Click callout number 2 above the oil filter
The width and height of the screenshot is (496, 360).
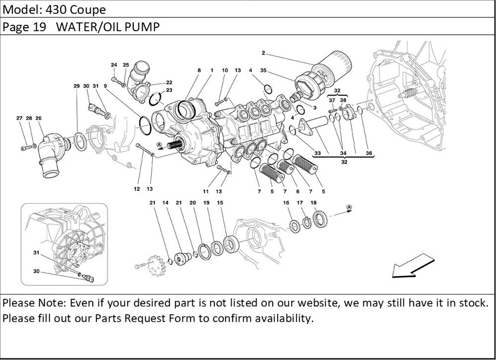263,53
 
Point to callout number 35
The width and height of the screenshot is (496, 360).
263,71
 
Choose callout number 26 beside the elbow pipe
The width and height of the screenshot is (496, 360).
38,118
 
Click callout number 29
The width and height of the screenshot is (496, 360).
77,86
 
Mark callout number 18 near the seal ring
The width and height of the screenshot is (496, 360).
313,202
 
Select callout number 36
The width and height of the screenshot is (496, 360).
368,153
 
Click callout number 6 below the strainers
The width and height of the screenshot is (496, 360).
297,191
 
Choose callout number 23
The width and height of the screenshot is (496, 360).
169,90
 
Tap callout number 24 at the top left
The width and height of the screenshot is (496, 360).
114,65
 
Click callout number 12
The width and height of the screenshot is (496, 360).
136,189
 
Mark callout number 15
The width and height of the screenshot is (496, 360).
220,202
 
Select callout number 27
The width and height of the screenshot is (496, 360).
19,118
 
